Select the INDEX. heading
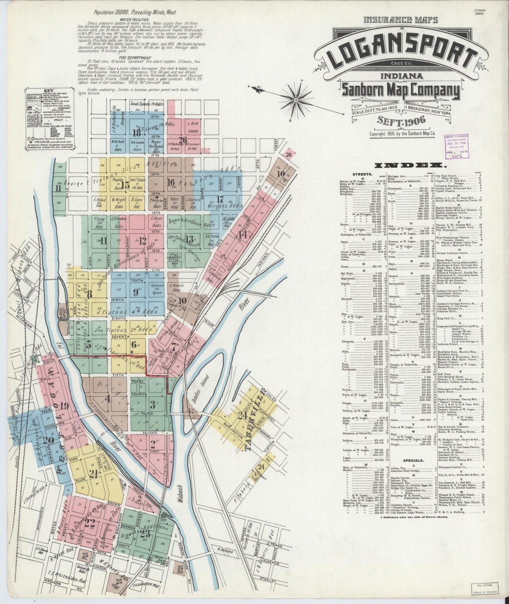pos(410,166)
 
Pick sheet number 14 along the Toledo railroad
pos(242,235)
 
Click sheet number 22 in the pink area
pos(90,524)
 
